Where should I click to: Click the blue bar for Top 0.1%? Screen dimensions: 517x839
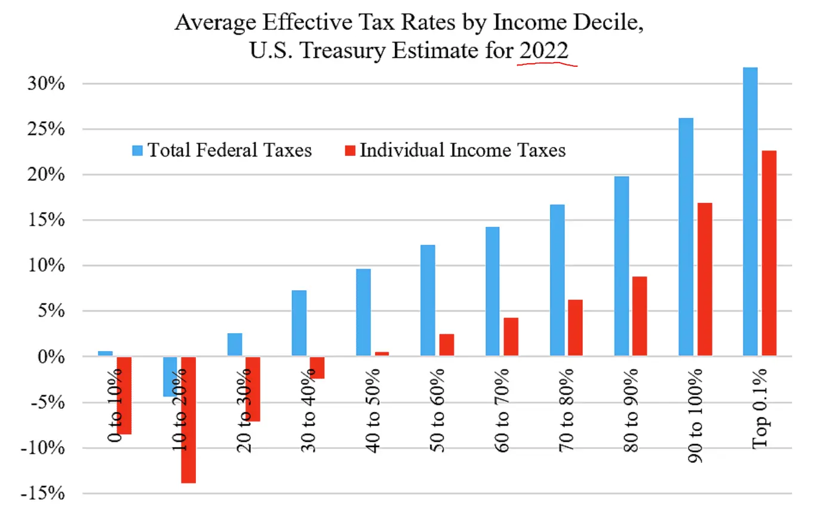[x=750, y=212]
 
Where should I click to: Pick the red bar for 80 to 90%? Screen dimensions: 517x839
[x=640, y=316]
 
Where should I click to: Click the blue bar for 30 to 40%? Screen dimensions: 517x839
[x=299, y=324]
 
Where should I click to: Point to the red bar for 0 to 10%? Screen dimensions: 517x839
[x=124, y=395]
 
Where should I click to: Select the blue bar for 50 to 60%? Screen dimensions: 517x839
[x=428, y=300]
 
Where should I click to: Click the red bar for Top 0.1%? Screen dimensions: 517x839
[x=769, y=253]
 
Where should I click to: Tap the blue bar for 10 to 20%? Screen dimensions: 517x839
[x=170, y=377]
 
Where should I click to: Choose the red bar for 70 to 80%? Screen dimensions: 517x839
[x=575, y=328]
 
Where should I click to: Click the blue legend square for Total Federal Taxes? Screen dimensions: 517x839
[x=137, y=150]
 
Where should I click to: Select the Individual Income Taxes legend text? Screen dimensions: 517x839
[x=462, y=150]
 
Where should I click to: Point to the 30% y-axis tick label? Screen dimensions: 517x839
[x=46, y=84]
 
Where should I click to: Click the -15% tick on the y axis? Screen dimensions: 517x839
[x=42, y=493]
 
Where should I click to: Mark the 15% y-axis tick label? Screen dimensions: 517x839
[x=46, y=220]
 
